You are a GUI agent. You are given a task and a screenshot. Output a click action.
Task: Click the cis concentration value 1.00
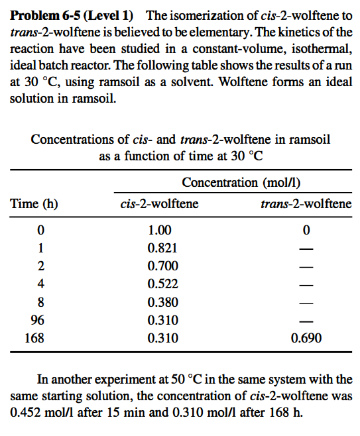point(158,231)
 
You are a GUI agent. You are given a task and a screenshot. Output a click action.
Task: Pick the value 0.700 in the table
point(158,266)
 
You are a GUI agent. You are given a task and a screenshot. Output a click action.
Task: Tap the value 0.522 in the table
point(158,284)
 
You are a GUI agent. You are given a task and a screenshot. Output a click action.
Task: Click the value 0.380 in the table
point(158,302)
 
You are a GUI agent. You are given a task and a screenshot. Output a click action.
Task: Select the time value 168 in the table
point(34,338)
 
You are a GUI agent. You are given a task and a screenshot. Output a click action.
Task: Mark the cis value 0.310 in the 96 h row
point(158,320)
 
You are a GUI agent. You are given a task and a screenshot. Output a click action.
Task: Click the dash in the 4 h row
point(306,284)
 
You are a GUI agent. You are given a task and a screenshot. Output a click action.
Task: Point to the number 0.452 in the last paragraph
point(25,411)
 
